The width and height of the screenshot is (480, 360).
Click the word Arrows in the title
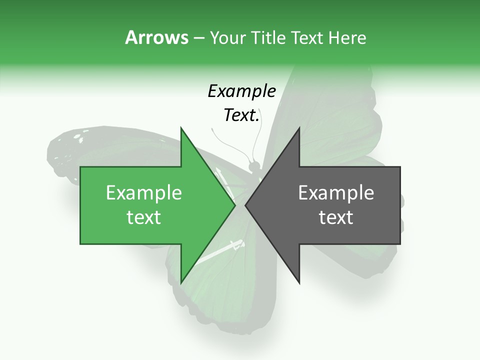156,37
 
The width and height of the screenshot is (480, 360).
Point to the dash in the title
198,38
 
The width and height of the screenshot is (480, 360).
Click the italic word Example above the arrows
241,91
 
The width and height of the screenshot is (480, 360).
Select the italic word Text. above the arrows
241,115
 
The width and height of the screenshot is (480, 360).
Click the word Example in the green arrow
144,193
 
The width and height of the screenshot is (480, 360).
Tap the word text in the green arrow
144,217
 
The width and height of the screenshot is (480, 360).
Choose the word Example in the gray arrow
336,193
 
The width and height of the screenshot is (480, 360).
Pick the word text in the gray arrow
336,217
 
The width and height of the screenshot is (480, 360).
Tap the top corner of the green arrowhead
181,128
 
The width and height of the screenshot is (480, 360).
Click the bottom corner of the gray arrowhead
299,282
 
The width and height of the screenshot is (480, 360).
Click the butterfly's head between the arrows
254,165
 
